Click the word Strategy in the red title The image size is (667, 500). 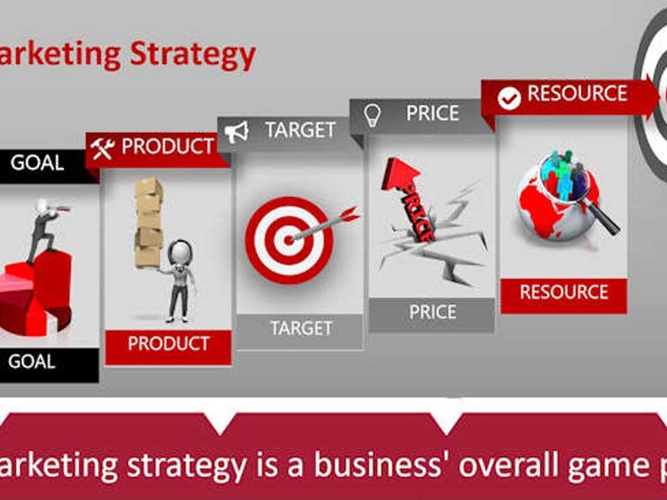(x=193, y=54)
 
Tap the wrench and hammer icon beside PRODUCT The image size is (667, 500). (x=103, y=148)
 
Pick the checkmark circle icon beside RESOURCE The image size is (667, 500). (x=509, y=99)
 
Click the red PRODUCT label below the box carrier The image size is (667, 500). (x=168, y=344)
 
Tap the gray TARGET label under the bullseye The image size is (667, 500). (x=301, y=328)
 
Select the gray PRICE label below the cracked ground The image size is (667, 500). (x=432, y=312)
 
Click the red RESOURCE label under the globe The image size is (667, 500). (x=563, y=292)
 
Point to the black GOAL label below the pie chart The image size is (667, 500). (x=32, y=362)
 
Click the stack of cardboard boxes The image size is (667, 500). (x=148, y=222)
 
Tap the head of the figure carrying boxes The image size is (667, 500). (x=180, y=251)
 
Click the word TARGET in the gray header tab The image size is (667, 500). (x=300, y=130)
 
